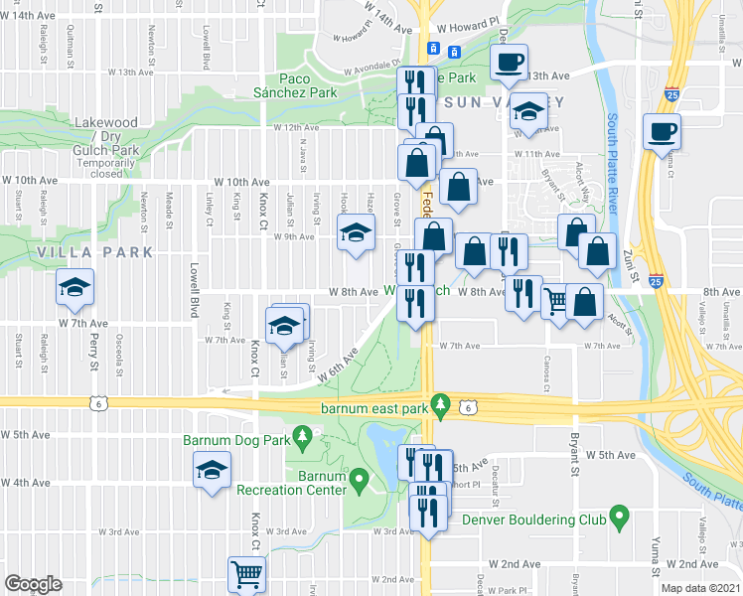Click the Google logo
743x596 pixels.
point(34,584)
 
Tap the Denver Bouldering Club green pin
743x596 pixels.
point(620,516)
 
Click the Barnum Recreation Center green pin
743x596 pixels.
point(361,481)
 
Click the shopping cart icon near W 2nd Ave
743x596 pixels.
point(246,572)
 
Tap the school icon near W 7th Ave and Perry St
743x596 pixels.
point(74,287)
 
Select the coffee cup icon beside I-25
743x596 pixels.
point(661,131)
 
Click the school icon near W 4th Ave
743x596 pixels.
point(211,471)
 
